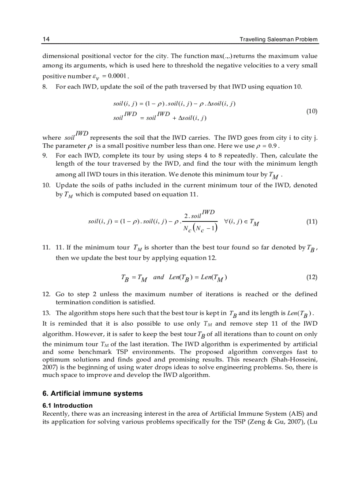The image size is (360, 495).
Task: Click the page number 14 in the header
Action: [45, 39]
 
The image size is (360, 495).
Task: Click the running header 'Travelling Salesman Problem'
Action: [278, 40]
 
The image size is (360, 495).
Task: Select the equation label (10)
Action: [311, 111]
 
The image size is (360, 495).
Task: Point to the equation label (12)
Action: [311, 277]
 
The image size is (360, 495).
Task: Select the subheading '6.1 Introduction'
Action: [67, 405]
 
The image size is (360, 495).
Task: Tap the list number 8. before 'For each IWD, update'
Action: [45, 86]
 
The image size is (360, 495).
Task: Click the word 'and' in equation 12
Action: [158, 277]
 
